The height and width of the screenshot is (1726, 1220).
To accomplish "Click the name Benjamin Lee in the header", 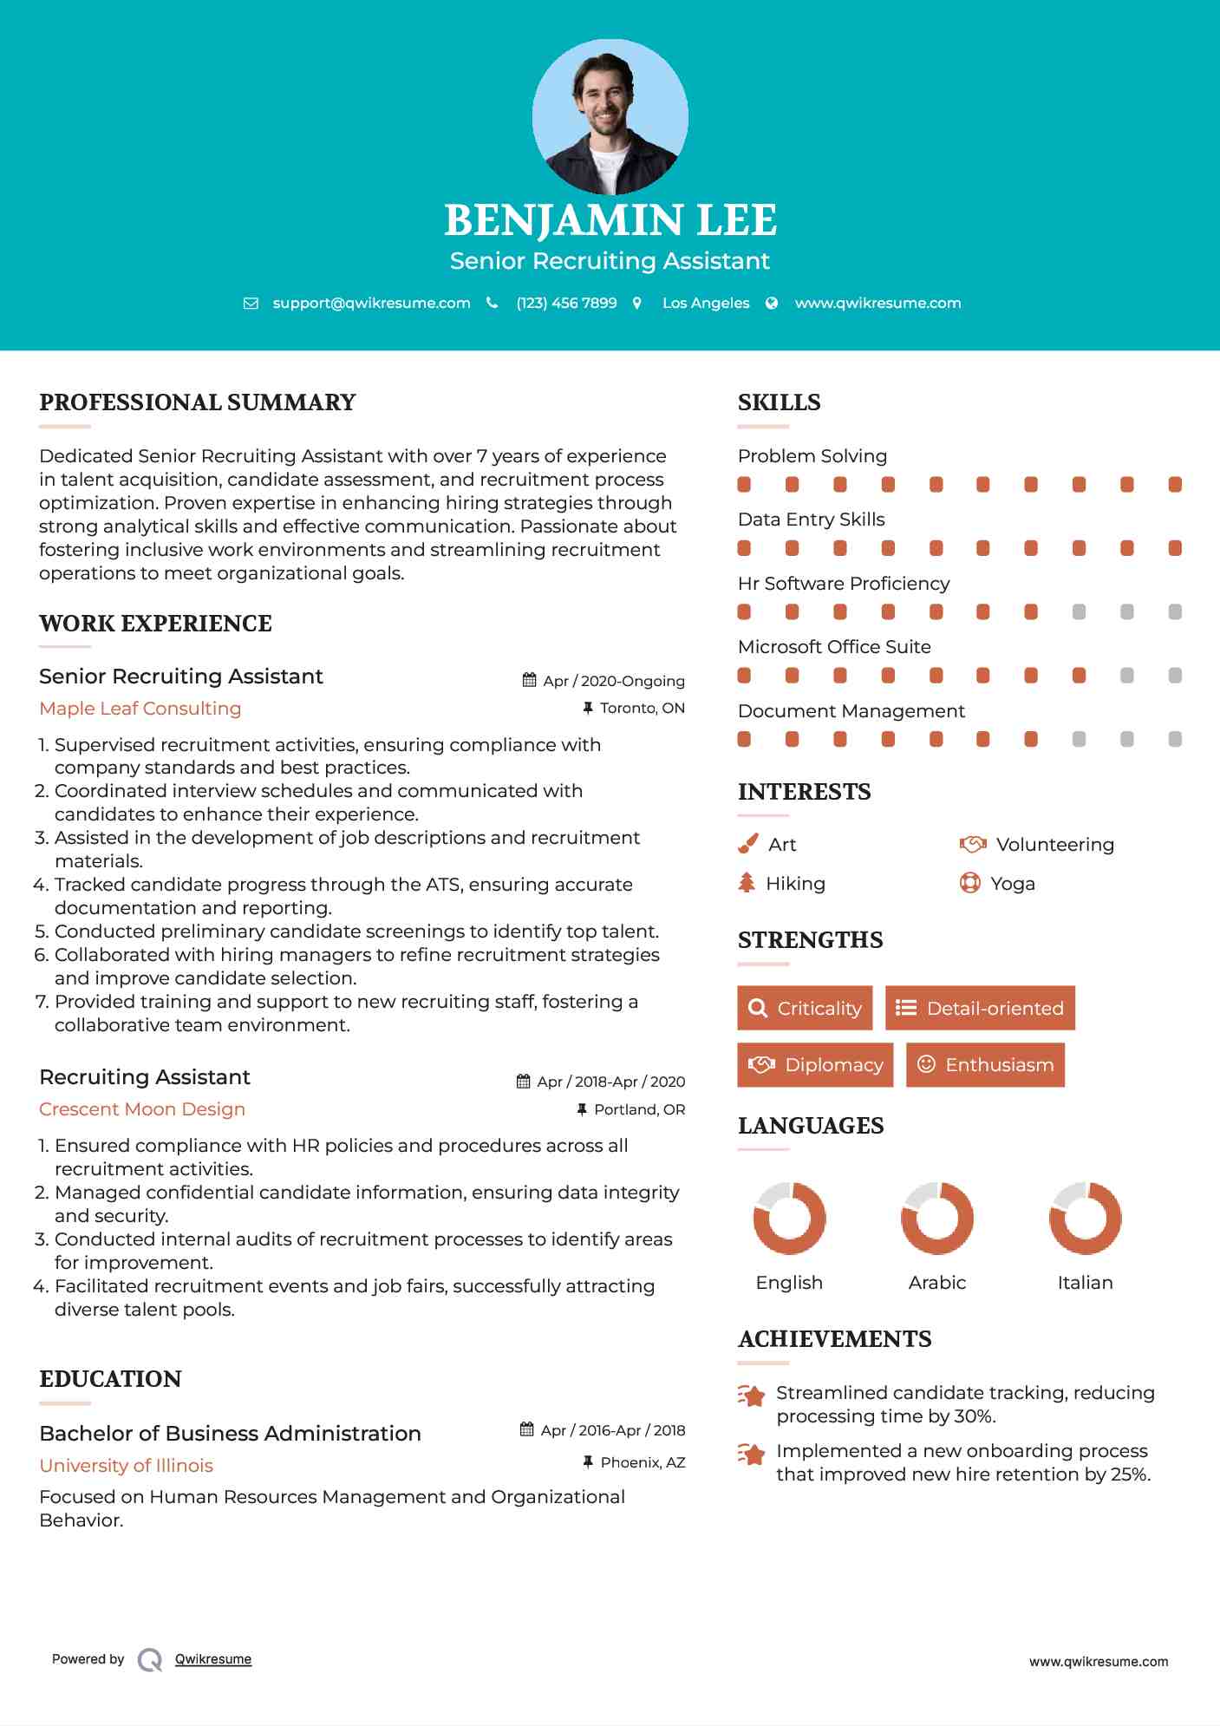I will (x=610, y=220).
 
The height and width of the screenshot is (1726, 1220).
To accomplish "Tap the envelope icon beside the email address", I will (x=251, y=304).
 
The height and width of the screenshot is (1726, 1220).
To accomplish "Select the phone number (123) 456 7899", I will (x=566, y=304).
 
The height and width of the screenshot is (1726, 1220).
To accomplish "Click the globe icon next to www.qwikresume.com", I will (x=772, y=304).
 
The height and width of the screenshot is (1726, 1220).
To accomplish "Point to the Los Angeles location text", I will (x=705, y=304).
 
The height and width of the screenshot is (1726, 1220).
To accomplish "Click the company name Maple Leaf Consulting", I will (x=140, y=709).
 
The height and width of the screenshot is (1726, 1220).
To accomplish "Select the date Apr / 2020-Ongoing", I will (x=613, y=681).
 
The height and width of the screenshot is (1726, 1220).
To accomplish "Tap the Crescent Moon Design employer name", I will (x=142, y=1109).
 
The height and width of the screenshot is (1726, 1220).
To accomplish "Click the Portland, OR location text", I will (x=639, y=1109).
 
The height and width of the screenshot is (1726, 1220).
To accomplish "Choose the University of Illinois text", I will (x=126, y=1466).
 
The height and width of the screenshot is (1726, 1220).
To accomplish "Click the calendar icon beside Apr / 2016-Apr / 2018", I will (x=526, y=1429).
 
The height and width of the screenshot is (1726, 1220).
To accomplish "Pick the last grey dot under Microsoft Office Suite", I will (x=1175, y=676).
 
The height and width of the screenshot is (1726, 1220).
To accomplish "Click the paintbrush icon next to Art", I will (x=747, y=844).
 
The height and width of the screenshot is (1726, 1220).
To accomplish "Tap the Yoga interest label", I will (x=1012, y=884).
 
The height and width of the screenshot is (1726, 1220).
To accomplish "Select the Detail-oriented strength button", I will (x=980, y=1008).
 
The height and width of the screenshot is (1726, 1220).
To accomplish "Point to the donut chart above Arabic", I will (x=936, y=1218).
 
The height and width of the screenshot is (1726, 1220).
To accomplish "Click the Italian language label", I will (x=1085, y=1283).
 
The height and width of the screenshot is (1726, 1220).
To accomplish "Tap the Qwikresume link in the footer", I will (x=213, y=1659).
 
